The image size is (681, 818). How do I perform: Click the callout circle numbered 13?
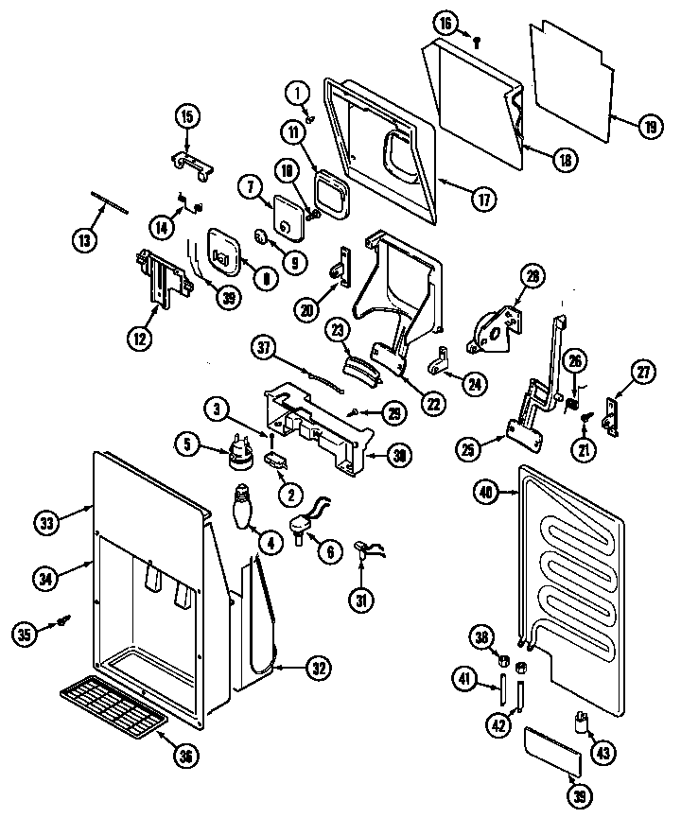[85, 239]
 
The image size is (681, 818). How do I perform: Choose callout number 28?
[533, 277]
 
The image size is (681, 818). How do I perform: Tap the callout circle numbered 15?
[186, 117]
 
